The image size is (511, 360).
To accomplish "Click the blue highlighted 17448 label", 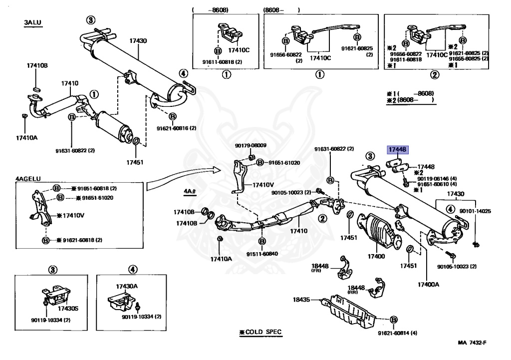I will pyautogui.click(x=398, y=149).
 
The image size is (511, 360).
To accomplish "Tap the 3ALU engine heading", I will pyautogui.click(x=33, y=23).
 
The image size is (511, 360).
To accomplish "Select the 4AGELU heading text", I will pyautogui.click(x=28, y=178).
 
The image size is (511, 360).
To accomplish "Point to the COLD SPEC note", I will pyautogui.click(x=260, y=332).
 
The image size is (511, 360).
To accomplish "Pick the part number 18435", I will pyautogui.click(x=301, y=300).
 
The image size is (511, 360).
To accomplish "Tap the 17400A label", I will pyautogui.click(x=428, y=284).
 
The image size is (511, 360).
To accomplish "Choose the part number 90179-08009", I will pyautogui.click(x=251, y=146).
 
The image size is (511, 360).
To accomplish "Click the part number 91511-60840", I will pyautogui.click(x=261, y=254).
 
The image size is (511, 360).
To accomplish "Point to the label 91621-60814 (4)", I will pyautogui.click(x=397, y=333).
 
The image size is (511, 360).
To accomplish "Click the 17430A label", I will pyautogui.click(x=127, y=286).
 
